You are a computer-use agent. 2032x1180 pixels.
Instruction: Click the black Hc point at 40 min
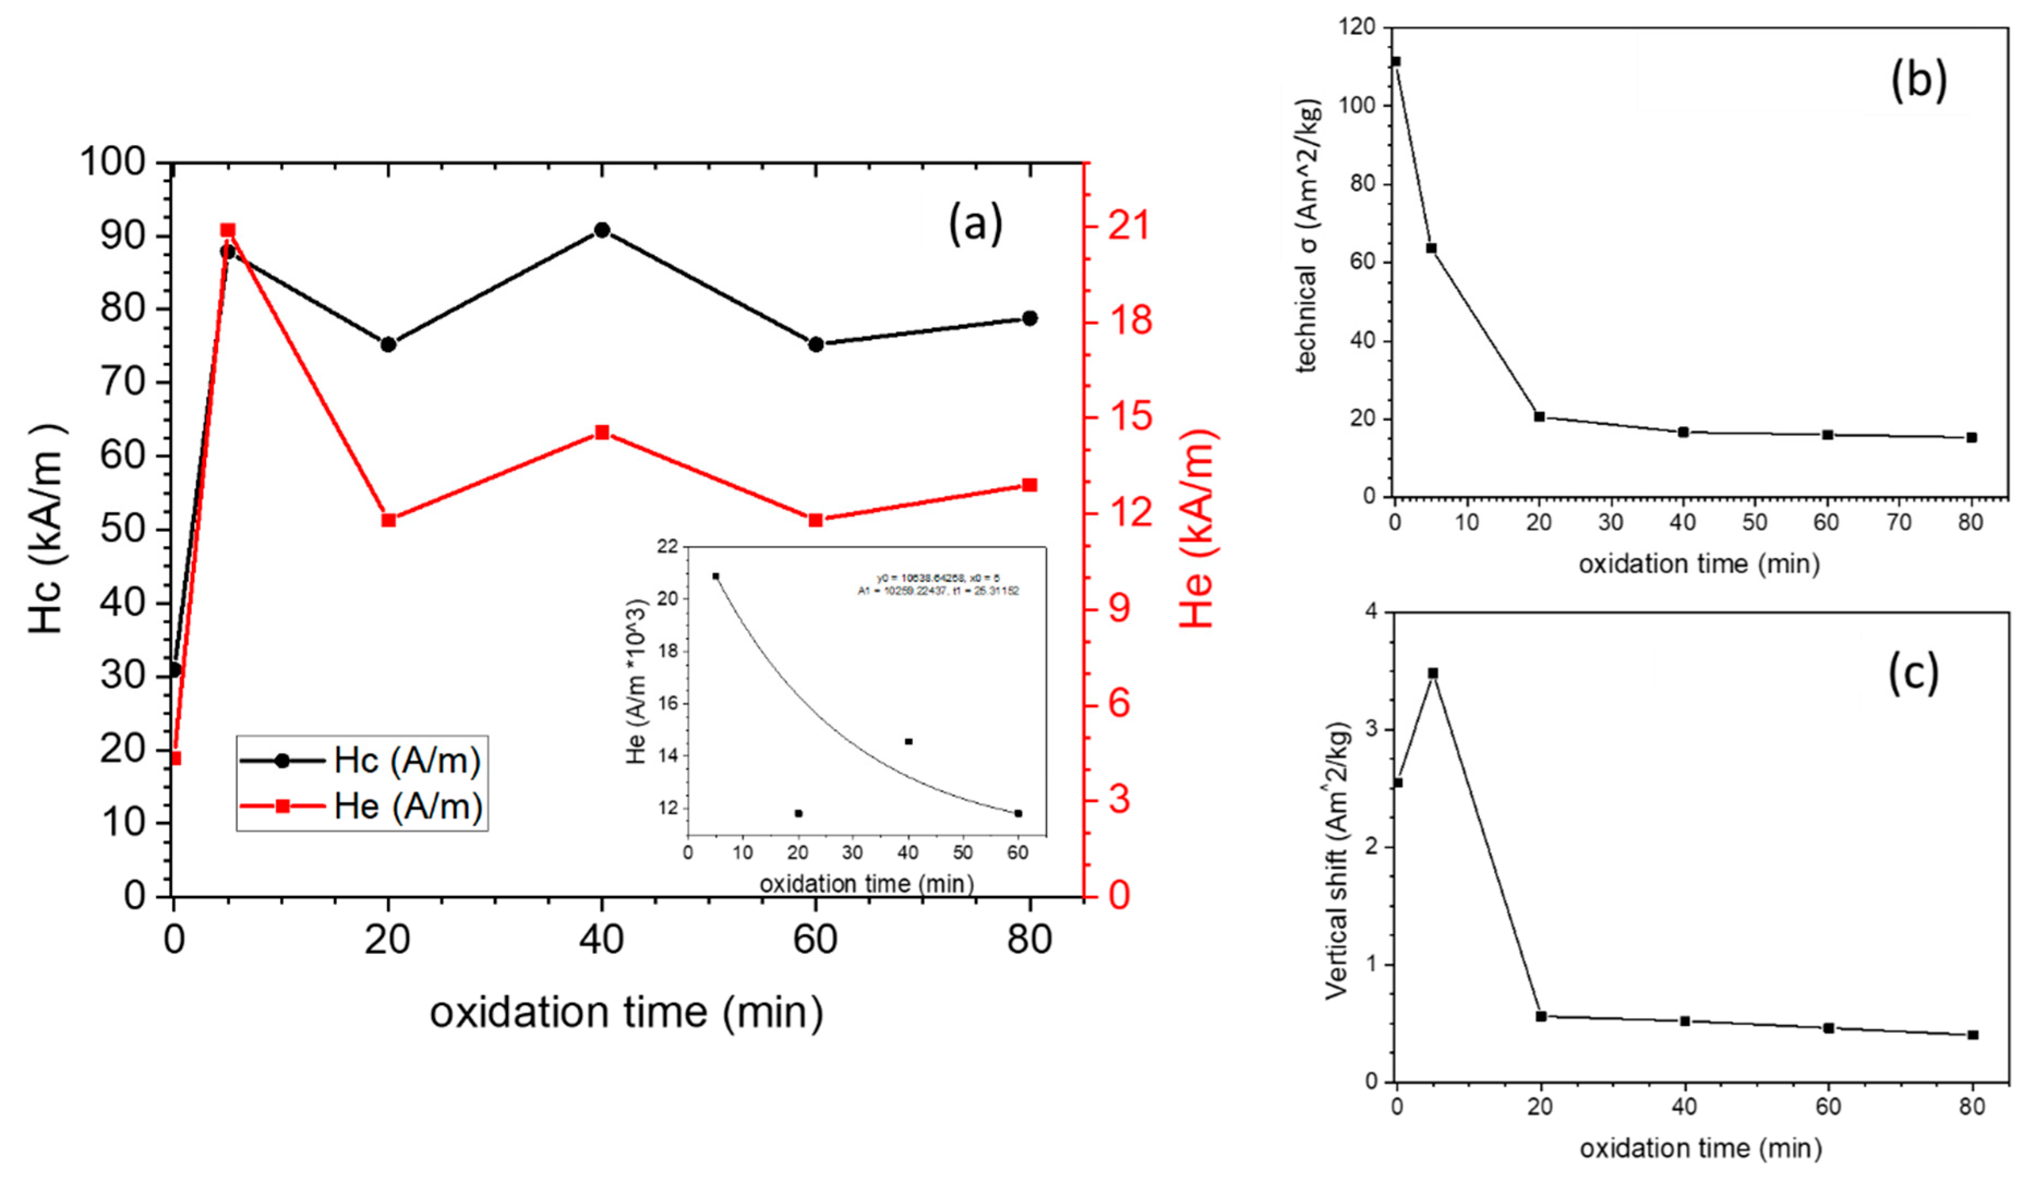click(601, 229)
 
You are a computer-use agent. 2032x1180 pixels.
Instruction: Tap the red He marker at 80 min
click(1030, 485)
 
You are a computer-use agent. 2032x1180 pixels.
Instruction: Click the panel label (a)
click(975, 223)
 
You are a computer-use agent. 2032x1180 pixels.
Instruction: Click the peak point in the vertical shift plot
click(1433, 673)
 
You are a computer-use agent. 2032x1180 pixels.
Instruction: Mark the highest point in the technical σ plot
click(1396, 61)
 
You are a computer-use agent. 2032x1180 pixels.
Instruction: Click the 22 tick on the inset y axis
click(668, 547)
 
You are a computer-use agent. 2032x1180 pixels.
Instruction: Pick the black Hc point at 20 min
click(388, 344)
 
